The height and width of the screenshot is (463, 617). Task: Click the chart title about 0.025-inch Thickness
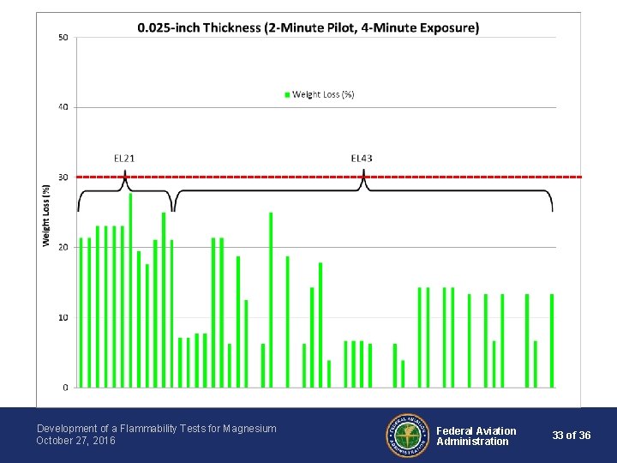tap(308, 28)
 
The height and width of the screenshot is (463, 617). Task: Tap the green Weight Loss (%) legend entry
tap(319, 94)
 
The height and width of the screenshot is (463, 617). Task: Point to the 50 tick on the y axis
tap(63, 38)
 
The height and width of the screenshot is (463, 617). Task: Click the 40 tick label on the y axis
tap(63, 107)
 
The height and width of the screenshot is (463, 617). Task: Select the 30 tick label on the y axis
tap(63, 177)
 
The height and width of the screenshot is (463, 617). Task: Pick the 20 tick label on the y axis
tap(63, 247)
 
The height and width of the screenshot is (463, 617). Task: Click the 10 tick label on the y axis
tap(63, 317)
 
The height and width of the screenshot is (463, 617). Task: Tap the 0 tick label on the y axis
tap(66, 388)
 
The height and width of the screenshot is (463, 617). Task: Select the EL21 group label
tap(124, 159)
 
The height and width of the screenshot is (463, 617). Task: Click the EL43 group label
tap(362, 159)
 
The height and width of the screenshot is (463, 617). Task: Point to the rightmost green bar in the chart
tap(552, 340)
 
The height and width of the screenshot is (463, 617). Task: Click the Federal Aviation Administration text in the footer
tap(476, 436)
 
